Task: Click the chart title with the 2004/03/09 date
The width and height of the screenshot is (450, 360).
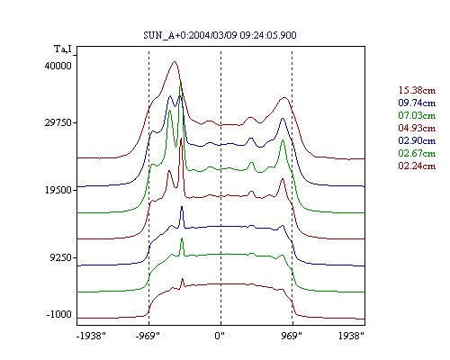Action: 220,35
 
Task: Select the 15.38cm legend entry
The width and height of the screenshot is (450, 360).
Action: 417,90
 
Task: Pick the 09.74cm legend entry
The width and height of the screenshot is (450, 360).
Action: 417,103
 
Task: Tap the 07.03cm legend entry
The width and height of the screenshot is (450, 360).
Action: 417,115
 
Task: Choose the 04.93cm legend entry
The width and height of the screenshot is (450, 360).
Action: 417,128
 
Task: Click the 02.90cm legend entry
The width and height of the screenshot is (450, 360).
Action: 417,140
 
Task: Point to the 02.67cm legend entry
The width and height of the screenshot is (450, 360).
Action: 417,153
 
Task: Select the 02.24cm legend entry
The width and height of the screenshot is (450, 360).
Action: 417,166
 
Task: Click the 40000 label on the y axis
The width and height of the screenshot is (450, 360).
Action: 58,66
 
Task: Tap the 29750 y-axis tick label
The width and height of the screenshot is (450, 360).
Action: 58,122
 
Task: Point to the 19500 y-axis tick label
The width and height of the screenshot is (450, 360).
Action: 58,190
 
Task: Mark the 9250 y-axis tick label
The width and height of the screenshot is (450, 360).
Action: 61,257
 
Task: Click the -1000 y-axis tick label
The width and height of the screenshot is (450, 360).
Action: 59,314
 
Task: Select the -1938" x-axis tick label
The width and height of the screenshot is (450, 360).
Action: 91,336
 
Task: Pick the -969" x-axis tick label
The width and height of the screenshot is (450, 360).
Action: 148,336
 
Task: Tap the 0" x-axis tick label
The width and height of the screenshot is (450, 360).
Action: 220,336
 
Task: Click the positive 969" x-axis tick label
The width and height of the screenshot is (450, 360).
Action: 292,336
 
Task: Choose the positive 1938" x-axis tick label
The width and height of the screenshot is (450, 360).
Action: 351,336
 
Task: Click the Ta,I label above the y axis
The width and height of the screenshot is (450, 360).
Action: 63,49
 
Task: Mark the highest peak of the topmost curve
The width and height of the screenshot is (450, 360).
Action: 175,62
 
